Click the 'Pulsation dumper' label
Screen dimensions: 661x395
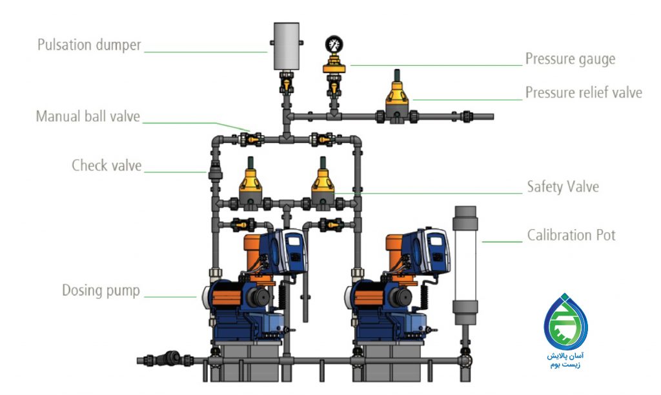pos(89,45)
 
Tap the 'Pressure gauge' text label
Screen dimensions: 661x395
pos(570,59)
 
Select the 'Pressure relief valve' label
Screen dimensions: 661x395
pos(584,93)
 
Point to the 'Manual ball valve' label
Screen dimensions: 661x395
pos(88,116)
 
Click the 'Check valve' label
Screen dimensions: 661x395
pos(107,165)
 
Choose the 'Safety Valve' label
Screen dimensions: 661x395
pos(563,187)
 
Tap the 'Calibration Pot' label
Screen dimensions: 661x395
pos(571,235)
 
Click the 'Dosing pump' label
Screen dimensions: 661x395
pos(101,290)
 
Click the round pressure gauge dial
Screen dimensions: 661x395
pos(334,45)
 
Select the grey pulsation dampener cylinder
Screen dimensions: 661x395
pos(287,46)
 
